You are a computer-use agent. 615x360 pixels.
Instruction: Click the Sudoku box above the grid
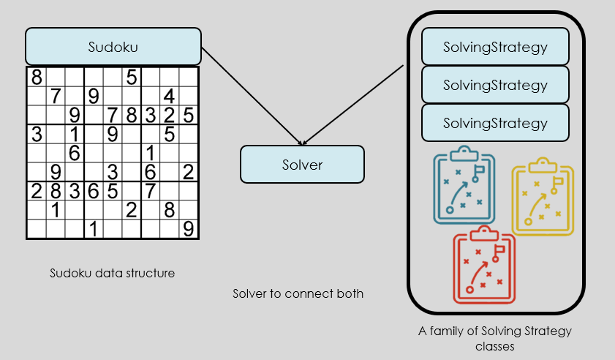pos(113,46)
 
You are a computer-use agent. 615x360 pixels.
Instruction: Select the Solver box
pos(302,164)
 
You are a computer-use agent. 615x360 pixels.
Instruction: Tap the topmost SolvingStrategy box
pos(495,47)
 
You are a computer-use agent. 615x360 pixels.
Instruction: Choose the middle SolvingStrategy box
pos(495,85)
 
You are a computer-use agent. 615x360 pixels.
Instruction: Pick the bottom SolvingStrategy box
pos(495,122)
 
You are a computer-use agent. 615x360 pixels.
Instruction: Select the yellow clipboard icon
pos(543,197)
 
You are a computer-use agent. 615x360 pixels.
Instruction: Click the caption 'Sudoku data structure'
pos(113,274)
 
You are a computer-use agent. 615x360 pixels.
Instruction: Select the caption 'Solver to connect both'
pos(298,294)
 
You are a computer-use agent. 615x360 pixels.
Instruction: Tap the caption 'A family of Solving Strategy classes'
pos(495,339)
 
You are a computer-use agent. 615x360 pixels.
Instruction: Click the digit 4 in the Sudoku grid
pos(169,96)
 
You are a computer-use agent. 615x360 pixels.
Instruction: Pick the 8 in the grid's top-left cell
pos(36,76)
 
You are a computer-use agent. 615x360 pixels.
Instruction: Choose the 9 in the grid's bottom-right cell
pos(189,230)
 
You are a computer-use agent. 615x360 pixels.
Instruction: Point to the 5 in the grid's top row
pos(132,76)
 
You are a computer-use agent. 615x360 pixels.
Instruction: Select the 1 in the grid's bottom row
pos(94,230)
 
